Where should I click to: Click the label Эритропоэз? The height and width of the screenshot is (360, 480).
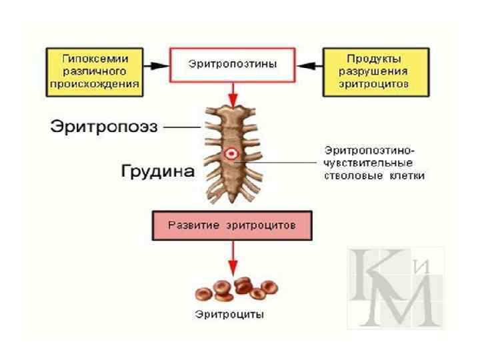pyautogui.click(x=103, y=127)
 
